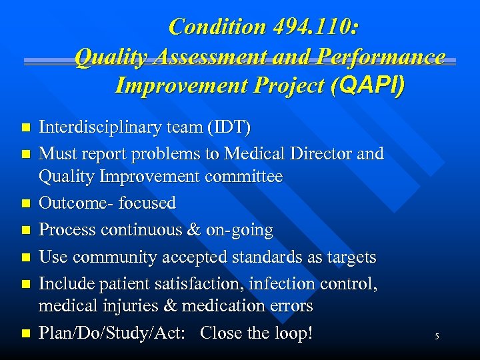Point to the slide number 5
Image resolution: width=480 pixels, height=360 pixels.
[x=437, y=337]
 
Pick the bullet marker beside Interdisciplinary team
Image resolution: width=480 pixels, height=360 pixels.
[x=26, y=127]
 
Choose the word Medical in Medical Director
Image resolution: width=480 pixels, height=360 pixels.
[x=255, y=154]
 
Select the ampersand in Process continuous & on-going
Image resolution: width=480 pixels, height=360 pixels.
[x=195, y=230]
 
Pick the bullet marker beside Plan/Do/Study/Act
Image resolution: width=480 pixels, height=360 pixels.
[x=26, y=333]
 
